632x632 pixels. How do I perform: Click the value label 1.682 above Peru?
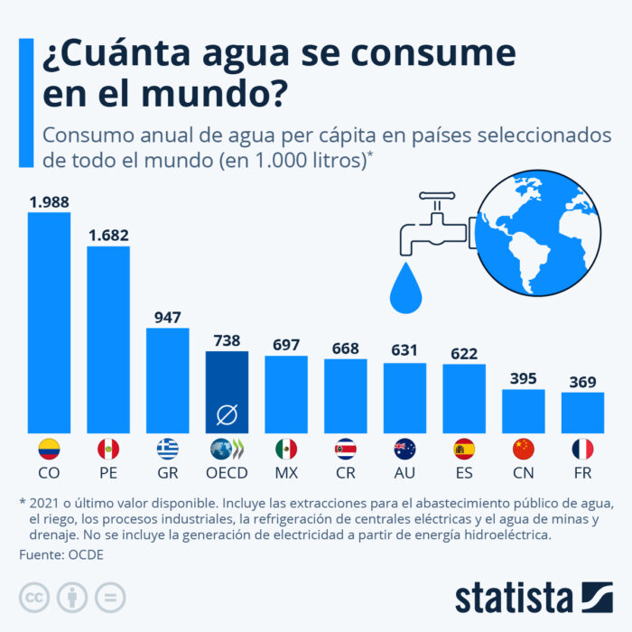[x=108, y=235]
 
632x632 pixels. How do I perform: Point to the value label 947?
[x=167, y=317]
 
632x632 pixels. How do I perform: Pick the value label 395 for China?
[x=523, y=378]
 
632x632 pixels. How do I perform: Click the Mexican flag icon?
[x=286, y=449]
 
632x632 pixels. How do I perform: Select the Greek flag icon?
[x=167, y=449]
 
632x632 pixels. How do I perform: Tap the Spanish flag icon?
[x=464, y=449]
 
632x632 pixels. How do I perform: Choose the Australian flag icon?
[x=404, y=449]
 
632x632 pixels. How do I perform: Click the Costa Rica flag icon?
[x=345, y=449]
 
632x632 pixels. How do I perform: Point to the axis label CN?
[x=523, y=472]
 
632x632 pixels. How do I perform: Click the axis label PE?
[x=108, y=472]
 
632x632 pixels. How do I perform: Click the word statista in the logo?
[x=514, y=597]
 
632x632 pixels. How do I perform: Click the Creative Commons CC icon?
[x=33, y=597]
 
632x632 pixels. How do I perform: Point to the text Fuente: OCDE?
[x=60, y=554]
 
